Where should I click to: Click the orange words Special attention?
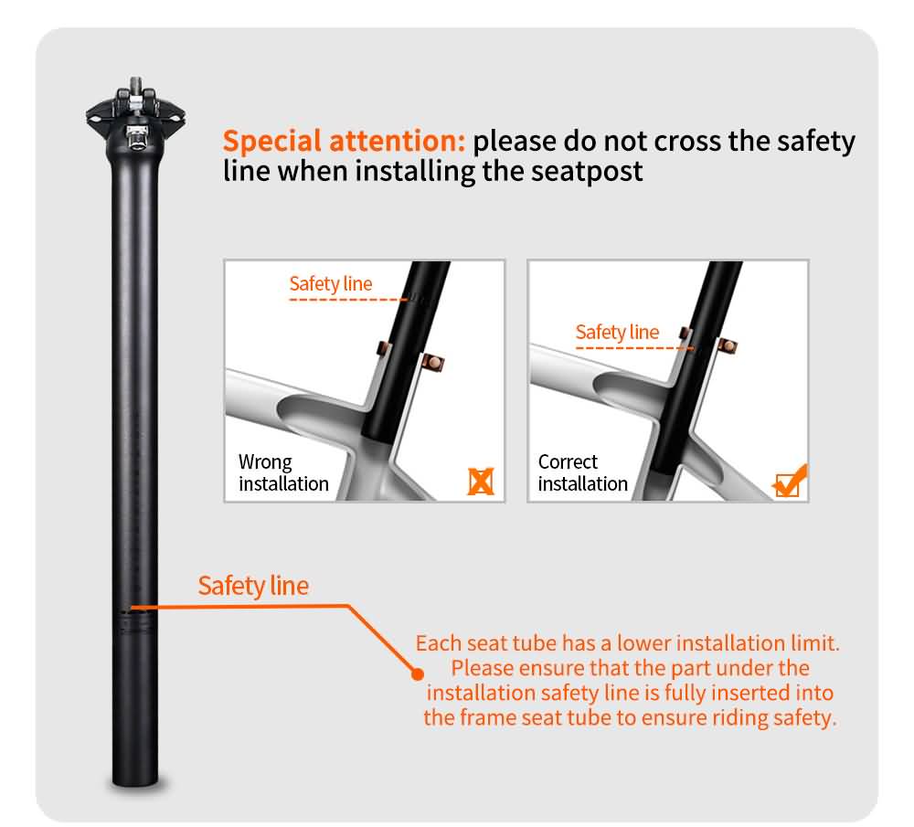pyautogui.click(x=344, y=142)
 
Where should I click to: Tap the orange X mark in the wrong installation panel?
pyautogui.click(x=481, y=482)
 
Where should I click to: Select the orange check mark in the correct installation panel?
pyautogui.click(x=790, y=481)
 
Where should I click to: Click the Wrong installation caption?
pyautogui.click(x=283, y=472)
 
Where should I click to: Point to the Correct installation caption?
pyautogui.click(x=582, y=472)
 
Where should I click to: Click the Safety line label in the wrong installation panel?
pyautogui.click(x=331, y=284)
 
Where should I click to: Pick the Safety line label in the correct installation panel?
pyautogui.click(x=617, y=333)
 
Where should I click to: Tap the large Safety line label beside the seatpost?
pyautogui.click(x=253, y=586)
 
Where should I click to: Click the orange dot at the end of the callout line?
pyautogui.click(x=418, y=674)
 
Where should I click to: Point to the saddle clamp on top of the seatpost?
pyautogui.click(x=136, y=113)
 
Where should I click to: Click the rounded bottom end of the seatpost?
pyautogui.click(x=135, y=779)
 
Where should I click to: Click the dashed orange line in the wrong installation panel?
pyautogui.click(x=348, y=300)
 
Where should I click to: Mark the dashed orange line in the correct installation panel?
pyautogui.click(x=634, y=348)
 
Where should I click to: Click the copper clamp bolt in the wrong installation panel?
pyautogui.click(x=433, y=363)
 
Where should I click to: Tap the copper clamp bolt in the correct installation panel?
pyautogui.click(x=728, y=346)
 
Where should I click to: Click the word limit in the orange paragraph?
pyautogui.click(x=815, y=643)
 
